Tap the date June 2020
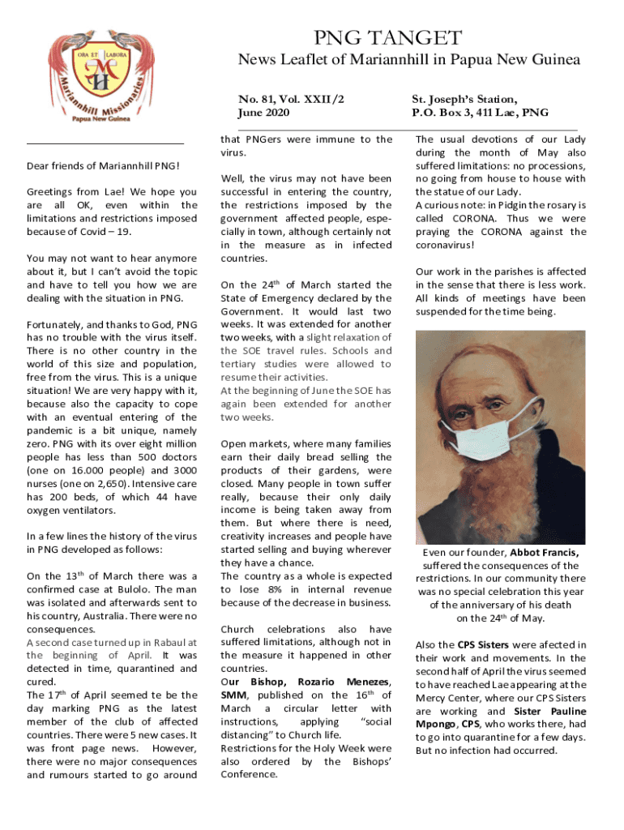pos(264,113)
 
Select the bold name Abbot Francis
pos(551,553)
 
